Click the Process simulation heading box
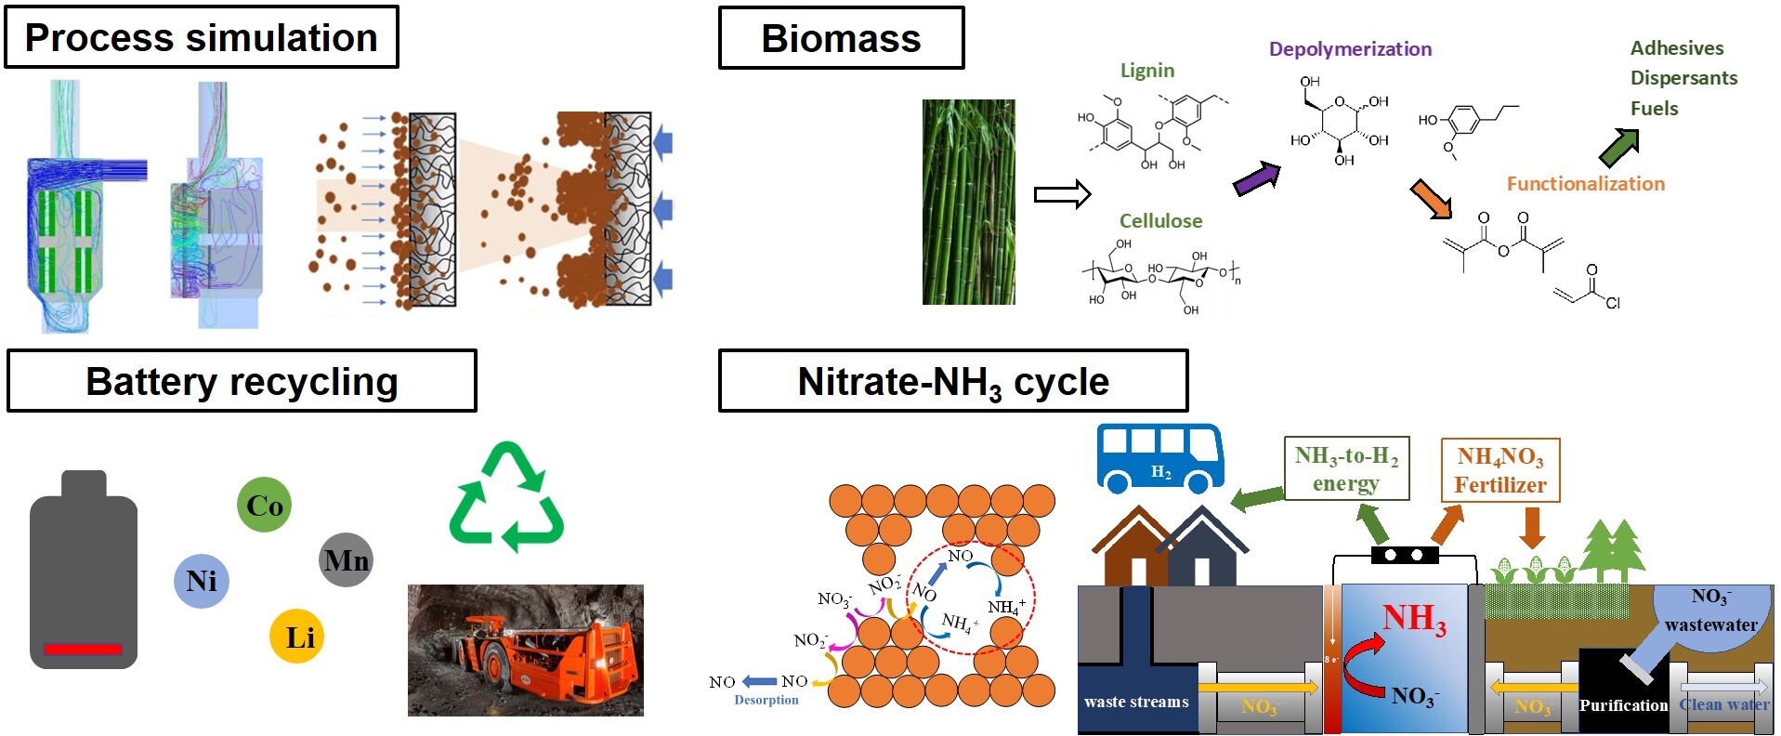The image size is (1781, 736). pyautogui.click(x=201, y=37)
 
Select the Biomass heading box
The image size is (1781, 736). pyautogui.click(x=841, y=38)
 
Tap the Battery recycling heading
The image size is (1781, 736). pyautogui.click(x=242, y=381)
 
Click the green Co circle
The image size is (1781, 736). pyautogui.click(x=265, y=505)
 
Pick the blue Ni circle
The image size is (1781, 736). pyautogui.click(x=202, y=581)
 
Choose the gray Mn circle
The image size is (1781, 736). pyautogui.click(x=346, y=560)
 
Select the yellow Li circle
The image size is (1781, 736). pyautogui.click(x=297, y=637)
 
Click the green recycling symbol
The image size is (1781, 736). pyautogui.click(x=506, y=497)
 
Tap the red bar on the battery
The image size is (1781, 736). pyautogui.click(x=84, y=649)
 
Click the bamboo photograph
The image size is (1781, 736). pyautogui.click(x=968, y=202)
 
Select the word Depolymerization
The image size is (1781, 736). pyautogui.click(x=1350, y=49)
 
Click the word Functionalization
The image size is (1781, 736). pyautogui.click(x=1585, y=184)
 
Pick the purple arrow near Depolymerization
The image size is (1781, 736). pyautogui.click(x=1256, y=177)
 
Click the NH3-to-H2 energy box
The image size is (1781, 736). pyautogui.click(x=1346, y=468)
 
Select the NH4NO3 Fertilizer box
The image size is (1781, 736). pyautogui.click(x=1499, y=470)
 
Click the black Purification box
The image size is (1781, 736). pyautogui.click(x=1623, y=692)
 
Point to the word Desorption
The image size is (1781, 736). pyautogui.click(x=766, y=700)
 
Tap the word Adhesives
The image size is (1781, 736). pyautogui.click(x=1677, y=48)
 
